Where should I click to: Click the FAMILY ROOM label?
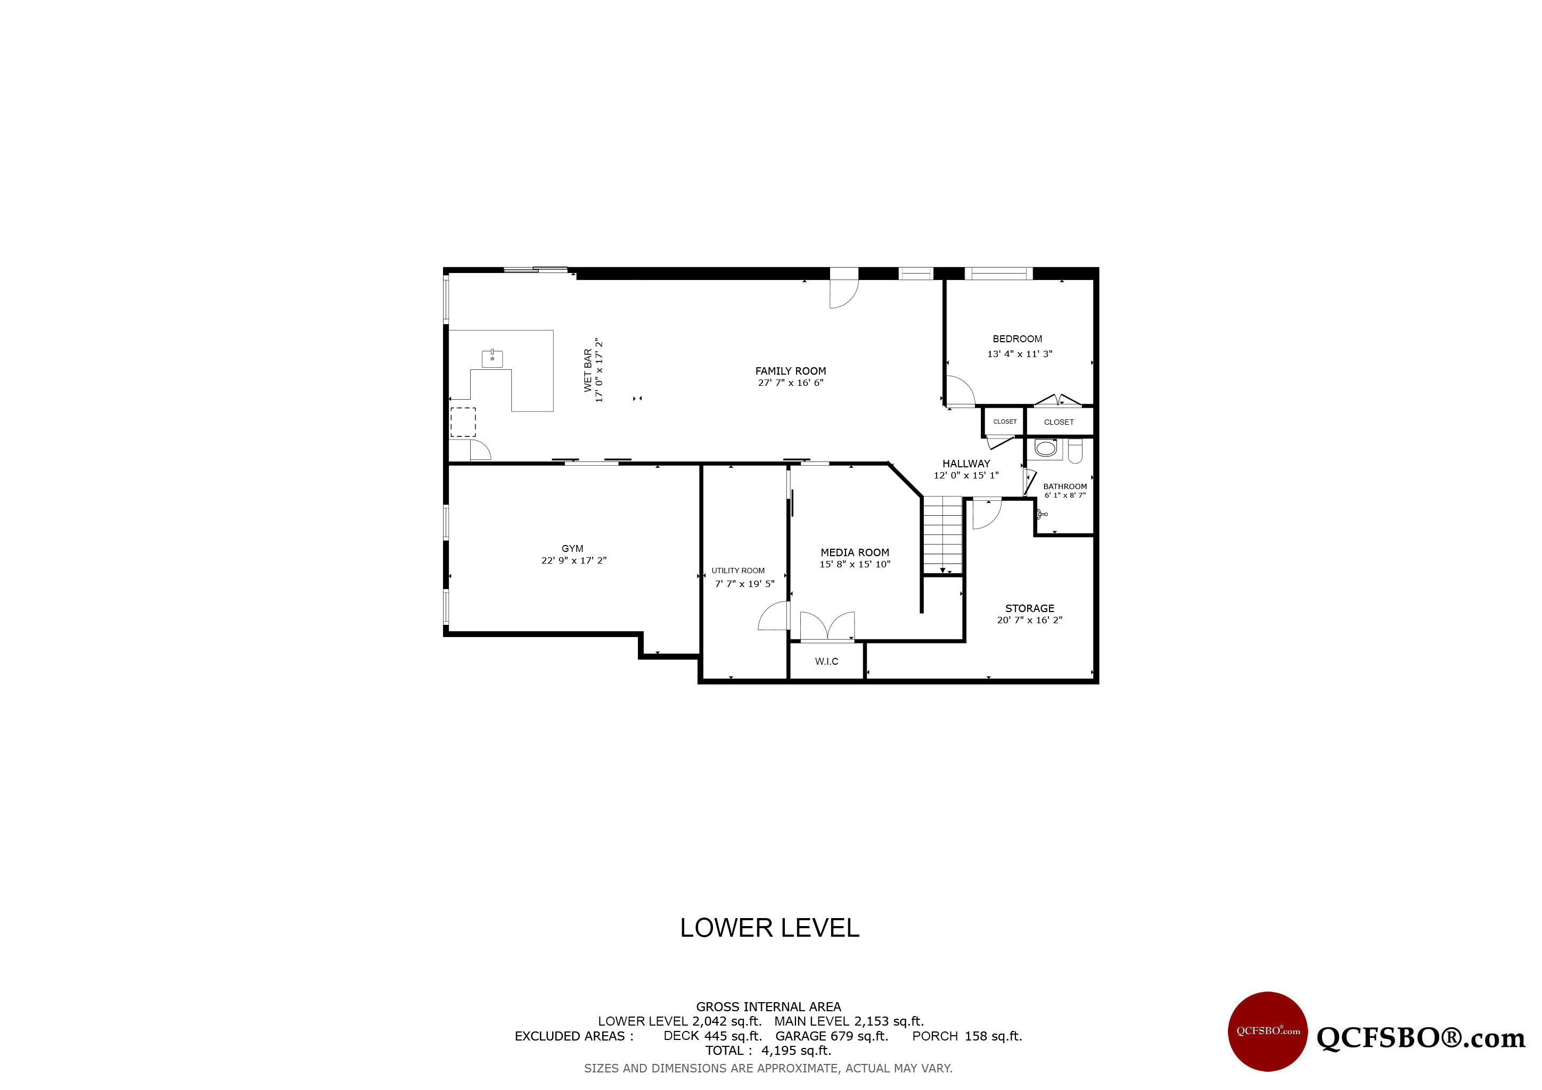point(791,371)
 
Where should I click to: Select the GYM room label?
point(572,548)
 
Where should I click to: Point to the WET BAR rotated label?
point(588,370)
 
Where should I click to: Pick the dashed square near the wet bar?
point(463,422)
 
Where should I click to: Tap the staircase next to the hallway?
point(943,535)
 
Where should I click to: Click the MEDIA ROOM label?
point(855,552)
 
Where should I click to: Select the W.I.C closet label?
point(827,661)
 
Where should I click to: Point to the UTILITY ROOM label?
point(738,571)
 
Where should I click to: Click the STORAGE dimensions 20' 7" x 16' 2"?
point(1030,620)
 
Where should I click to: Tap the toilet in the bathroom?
point(1075,450)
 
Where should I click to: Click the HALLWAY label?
point(966,464)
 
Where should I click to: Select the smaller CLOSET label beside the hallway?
point(1005,422)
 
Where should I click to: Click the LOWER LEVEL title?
point(769,928)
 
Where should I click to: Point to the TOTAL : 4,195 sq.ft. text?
point(768,1051)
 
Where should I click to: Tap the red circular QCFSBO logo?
point(1268,1031)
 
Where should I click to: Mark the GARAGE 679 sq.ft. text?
point(832,1036)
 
